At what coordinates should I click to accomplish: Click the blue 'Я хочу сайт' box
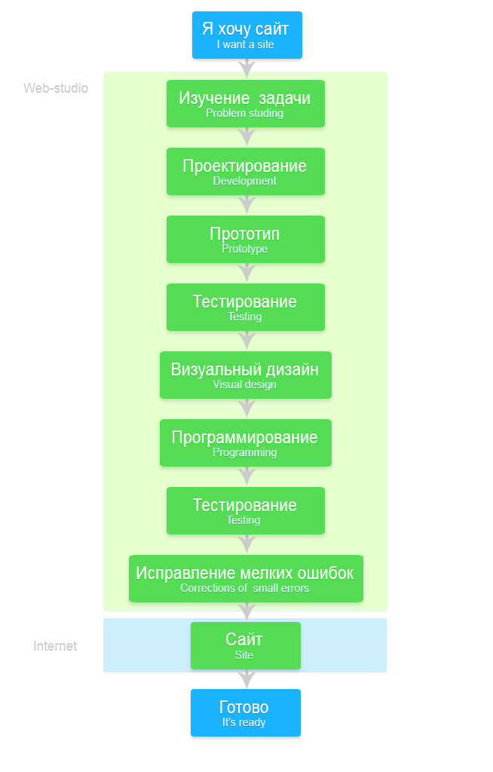click(x=246, y=35)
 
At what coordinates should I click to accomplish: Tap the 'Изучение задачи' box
click(x=245, y=103)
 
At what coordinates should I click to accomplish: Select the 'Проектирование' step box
click(x=245, y=171)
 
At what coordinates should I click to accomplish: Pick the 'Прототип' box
click(x=245, y=239)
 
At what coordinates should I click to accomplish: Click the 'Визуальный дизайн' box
click(x=245, y=375)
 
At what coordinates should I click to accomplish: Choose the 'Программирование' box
click(x=245, y=443)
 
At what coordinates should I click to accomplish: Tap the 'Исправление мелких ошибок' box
click(x=246, y=578)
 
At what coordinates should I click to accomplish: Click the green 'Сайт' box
click(x=245, y=645)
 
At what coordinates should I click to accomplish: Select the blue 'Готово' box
click(x=245, y=713)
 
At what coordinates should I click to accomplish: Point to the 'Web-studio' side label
click(x=56, y=88)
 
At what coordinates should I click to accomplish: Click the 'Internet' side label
click(x=55, y=646)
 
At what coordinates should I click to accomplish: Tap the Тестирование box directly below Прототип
click(x=245, y=308)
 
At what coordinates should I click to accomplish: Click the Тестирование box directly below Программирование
click(x=245, y=510)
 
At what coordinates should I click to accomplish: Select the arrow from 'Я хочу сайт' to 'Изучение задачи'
click(x=246, y=69)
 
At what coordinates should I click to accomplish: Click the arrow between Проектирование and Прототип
click(x=246, y=205)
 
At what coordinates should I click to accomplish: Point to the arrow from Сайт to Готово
click(x=246, y=679)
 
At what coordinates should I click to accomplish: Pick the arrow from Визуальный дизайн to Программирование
click(x=246, y=409)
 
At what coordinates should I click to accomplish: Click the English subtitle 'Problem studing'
click(x=244, y=113)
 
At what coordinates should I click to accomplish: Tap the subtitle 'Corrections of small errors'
click(x=244, y=588)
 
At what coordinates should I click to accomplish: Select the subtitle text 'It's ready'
click(x=243, y=722)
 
